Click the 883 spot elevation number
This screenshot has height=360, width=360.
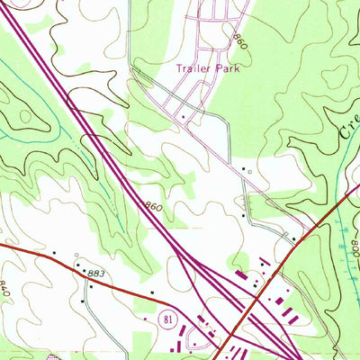97,272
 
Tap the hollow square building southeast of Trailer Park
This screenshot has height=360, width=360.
251,171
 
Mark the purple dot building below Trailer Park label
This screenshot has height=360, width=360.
183,116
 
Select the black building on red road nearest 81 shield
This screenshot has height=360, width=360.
152,292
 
